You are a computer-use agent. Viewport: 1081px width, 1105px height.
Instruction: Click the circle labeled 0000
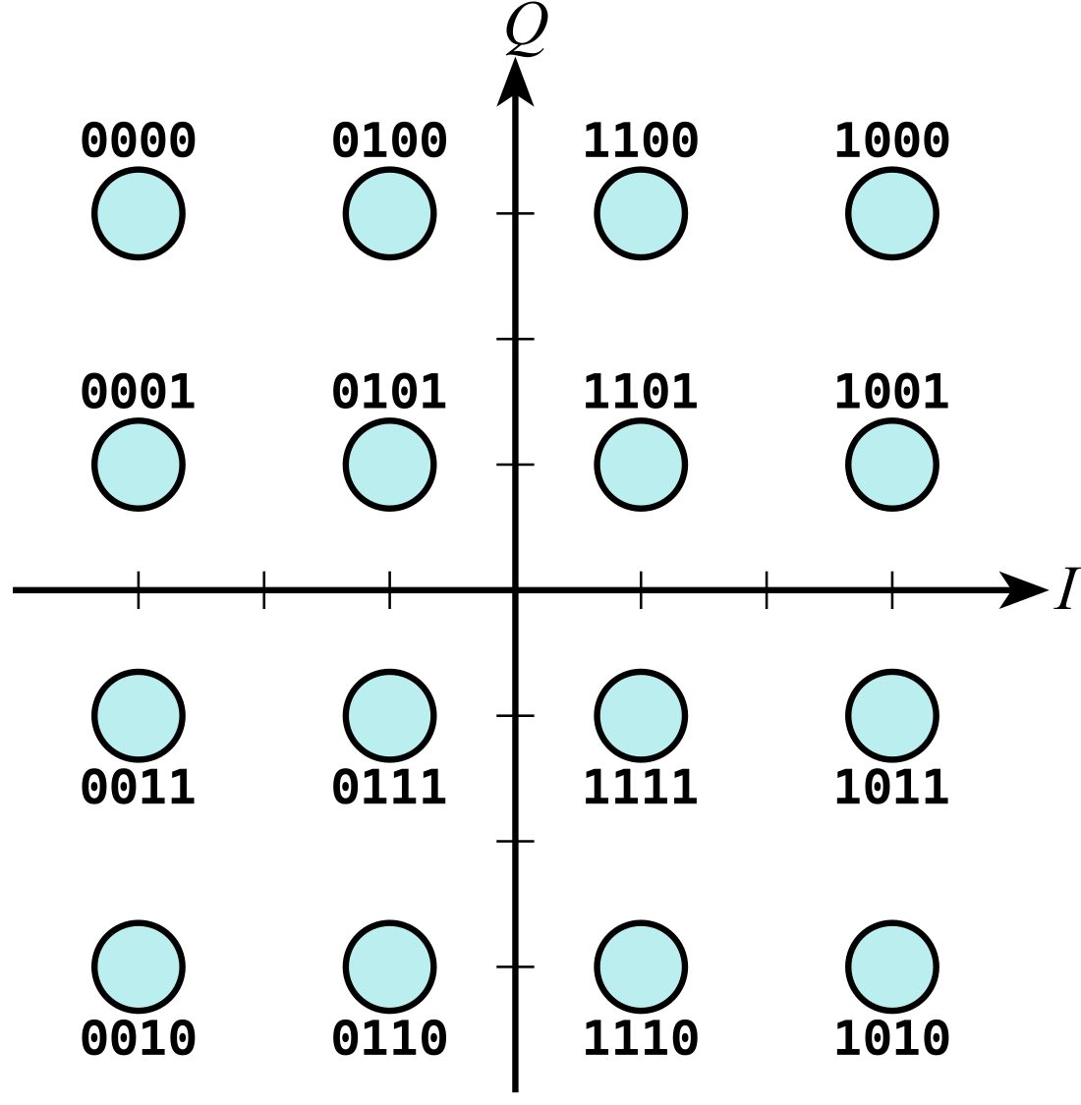(139, 213)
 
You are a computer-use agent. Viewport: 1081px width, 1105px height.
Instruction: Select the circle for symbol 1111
(641, 715)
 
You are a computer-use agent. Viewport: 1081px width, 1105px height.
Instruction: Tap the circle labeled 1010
(892, 967)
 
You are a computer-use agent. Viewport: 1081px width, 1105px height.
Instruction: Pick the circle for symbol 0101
(390, 465)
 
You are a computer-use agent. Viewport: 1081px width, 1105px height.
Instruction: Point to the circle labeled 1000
(892, 213)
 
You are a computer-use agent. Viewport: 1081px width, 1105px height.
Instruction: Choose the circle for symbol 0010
(139, 967)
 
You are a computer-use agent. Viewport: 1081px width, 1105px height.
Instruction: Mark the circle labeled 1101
(641, 465)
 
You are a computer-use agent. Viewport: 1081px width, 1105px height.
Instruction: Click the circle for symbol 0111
(390, 715)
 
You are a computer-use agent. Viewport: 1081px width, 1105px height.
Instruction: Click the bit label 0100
(390, 139)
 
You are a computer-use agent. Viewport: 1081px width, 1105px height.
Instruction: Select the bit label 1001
(892, 391)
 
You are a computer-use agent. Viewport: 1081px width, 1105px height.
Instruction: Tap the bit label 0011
(139, 787)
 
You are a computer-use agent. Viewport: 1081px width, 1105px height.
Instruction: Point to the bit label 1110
(641, 1037)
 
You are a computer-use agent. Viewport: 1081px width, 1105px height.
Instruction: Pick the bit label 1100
(641, 139)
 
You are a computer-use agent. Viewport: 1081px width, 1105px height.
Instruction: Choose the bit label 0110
(390, 1037)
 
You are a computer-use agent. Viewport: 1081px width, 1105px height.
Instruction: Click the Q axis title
(527, 29)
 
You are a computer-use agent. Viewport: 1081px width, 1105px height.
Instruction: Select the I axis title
(1067, 588)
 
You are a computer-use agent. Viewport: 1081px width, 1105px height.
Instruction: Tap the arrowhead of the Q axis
(516, 82)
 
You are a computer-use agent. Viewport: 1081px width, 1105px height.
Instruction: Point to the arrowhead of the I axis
(1024, 590)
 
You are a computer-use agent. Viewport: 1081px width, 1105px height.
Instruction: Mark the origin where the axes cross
(516, 590)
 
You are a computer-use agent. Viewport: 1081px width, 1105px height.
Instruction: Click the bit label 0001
(139, 391)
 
